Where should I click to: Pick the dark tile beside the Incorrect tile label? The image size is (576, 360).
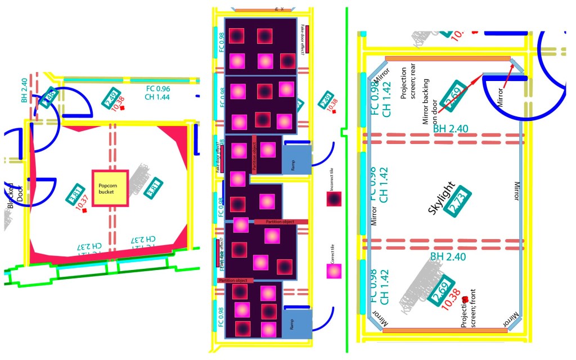(334, 199)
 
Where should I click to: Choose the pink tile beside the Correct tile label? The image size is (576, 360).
(334, 271)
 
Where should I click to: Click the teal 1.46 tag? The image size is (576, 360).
(48, 96)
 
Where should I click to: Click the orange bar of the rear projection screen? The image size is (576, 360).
(447, 58)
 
